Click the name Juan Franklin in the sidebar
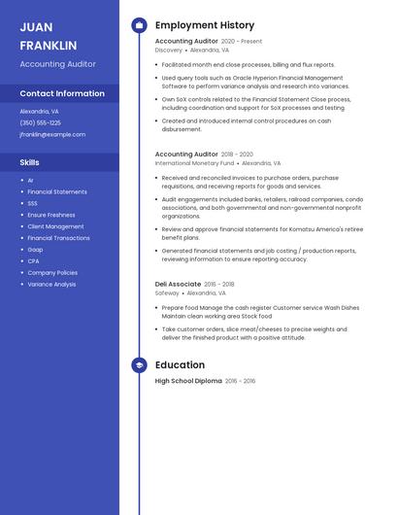(x=49, y=36)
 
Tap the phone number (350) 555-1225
(x=41, y=122)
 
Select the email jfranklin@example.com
(x=52, y=134)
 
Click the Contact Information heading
(x=62, y=93)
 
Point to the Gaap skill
(x=35, y=250)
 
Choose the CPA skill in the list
(x=34, y=261)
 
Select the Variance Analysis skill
(x=51, y=285)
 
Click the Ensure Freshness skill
(x=51, y=215)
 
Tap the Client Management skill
(x=55, y=226)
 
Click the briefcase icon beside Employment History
(x=139, y=25)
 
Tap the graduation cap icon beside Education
(x=139, y=365)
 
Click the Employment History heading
(x=205, y=25)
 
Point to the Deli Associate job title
(x=178, y=284)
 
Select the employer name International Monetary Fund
(x=194, y=163)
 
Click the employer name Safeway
(x=167, y=292)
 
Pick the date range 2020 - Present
(x=242, y=42)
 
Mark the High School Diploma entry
(x=188, y=381)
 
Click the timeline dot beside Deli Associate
(x=139, y=285)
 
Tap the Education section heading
(x=180, y=365)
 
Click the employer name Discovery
(x=169, y=50)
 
